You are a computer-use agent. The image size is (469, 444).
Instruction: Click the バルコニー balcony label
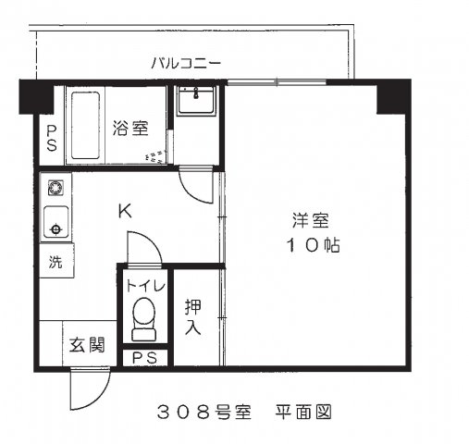pyautogui.click(x=186, y=64)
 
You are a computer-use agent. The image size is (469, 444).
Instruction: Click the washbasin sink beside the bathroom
pyautogui.click(x=196, y=99)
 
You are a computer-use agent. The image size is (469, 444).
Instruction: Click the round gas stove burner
pyautogui.click(x=56, y=191)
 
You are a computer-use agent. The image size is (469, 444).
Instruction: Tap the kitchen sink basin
pyautogui.click(x=56, y=226)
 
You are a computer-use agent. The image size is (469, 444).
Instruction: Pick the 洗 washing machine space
pyautogui.click(x=56, y=261)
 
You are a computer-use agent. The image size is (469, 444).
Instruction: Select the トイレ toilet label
pyautogui.click(x=144, y=285)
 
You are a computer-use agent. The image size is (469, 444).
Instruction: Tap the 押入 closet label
pyautogui.click(x=193, y=316)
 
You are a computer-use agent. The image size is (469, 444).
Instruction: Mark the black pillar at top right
pyautogui.click(x=392, y=96)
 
